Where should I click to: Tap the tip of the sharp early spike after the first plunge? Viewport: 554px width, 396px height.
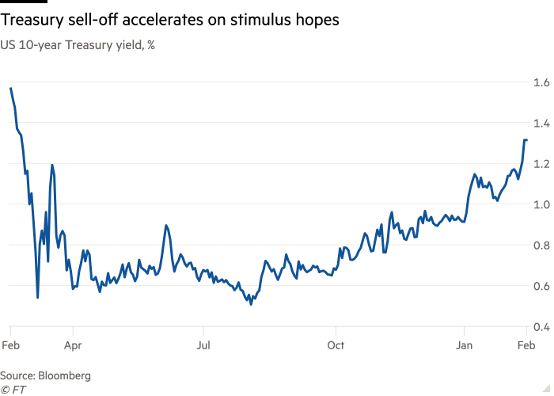53,164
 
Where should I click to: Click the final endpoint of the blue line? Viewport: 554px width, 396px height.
526,136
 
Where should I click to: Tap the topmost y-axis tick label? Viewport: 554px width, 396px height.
542,82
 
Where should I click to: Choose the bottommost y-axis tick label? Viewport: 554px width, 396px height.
542,325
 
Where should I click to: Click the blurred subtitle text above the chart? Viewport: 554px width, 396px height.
79,44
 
